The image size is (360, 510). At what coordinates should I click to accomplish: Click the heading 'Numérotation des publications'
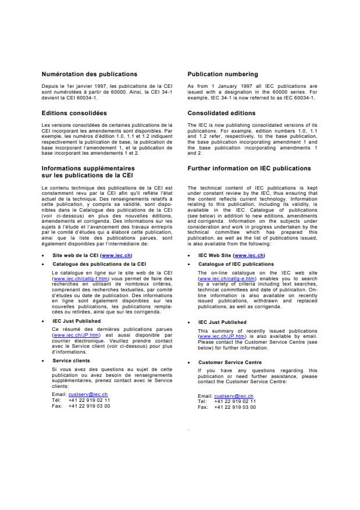[90, 74]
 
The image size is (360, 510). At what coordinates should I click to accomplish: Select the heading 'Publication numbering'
[223, 74]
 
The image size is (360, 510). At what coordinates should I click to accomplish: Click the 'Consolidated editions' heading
[222, 113]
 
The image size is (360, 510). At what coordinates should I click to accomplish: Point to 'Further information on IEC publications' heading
[249, 169]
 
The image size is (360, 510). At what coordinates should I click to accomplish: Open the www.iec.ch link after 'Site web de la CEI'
[116, 255]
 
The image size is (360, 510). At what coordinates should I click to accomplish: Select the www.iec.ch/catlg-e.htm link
[218, 279]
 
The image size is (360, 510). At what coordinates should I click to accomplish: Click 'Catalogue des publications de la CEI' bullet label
[99, 263]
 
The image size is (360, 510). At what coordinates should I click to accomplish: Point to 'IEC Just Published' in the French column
[76, 320]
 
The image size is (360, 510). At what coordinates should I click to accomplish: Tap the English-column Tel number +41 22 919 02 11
[235, 401]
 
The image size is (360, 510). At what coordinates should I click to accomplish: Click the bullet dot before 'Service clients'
[44, 361]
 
